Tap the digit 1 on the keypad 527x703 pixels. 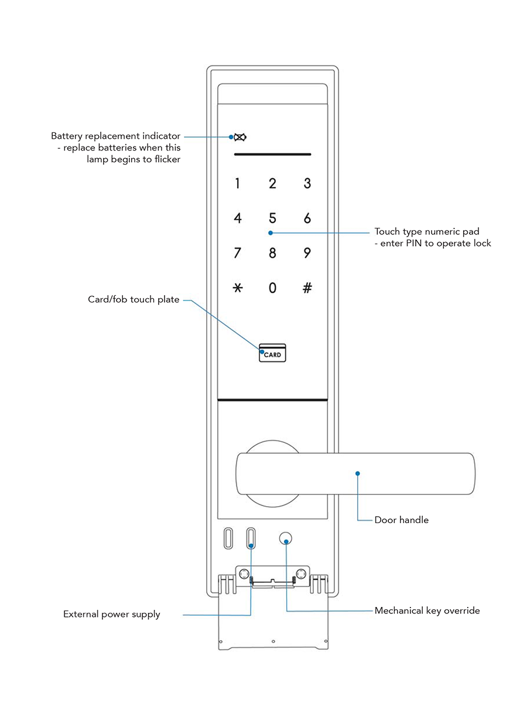coord(238,183)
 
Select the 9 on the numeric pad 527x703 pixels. coord(307,253)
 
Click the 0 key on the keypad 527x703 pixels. coord(272,288)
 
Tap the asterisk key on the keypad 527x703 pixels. coord(238,288)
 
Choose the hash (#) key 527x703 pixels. coord(307,288)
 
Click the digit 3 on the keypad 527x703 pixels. coord(307,183)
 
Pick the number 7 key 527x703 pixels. coord(238,253)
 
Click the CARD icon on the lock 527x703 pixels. coord(273,353)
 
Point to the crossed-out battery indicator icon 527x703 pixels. coord(240,138)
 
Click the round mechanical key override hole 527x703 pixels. coord(286,539)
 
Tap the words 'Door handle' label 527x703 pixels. coord(402,520)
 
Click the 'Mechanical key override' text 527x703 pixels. coord(427,610)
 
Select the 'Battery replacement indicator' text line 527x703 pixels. coord(116,136)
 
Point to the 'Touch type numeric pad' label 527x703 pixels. coord(427,231)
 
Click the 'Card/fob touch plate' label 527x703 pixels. coord(134,299)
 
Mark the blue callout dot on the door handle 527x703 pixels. coord(358,473)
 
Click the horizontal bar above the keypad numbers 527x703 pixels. coord(272,155)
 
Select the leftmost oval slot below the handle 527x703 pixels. coord(228,538)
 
